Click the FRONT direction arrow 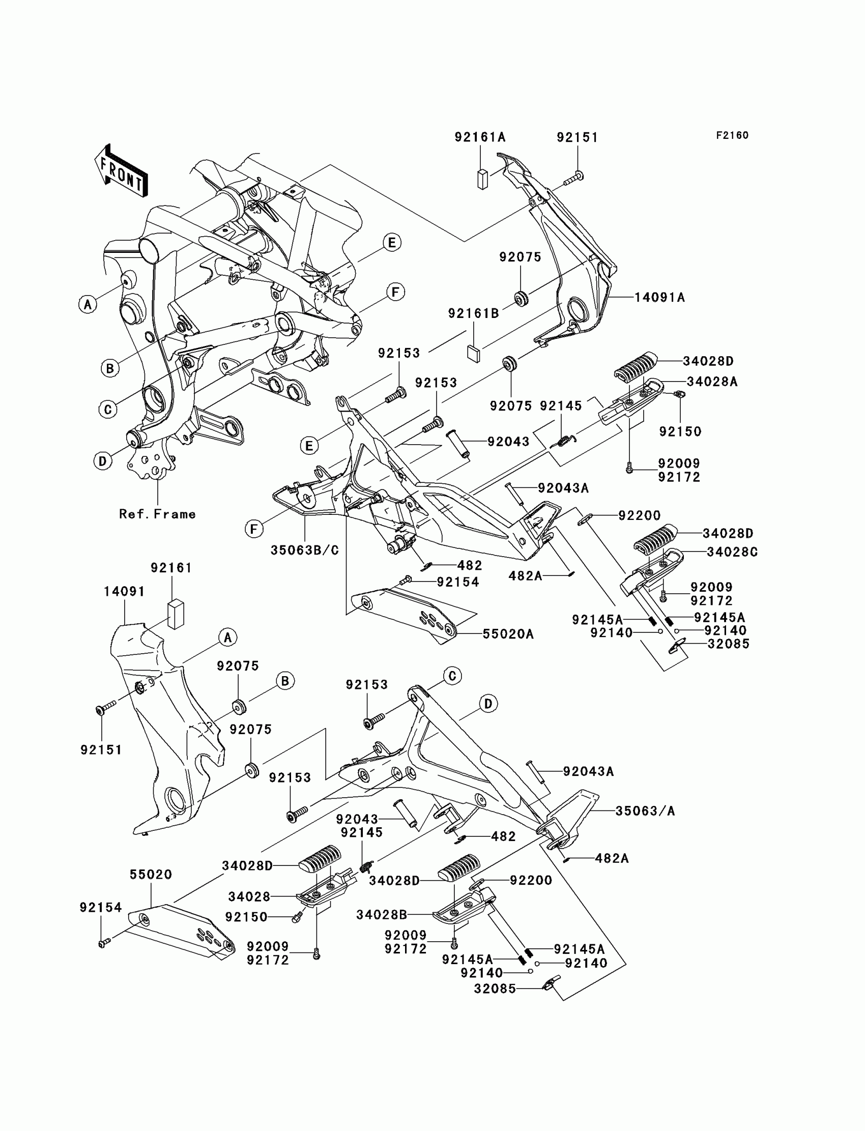click(x=121, y=171)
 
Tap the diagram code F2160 click(x=732, y=135)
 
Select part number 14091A click(x=659, y=298)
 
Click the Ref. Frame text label click(x=157, y=514)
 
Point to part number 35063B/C click(x=305, y=550)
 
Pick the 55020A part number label click(x=508, y=634)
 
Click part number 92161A click(x=480, y=137)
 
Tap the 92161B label click(x=473, y=313)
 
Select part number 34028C click(x=732, y=553)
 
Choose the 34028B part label click(x=382, y=914)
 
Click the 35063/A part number click(x=645, y=811)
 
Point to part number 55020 click(x=150, y=874)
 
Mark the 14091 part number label click(x=124, y=592)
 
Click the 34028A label click(x=711, y=382)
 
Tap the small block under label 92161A click(x=482, y=179)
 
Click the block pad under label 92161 click(x=176, y=614)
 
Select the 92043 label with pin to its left click(x=508, y=442)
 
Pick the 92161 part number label click(x=171, y=568)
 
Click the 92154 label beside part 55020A click(x=458, y=582)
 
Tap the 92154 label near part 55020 click(x=100, y=907)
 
